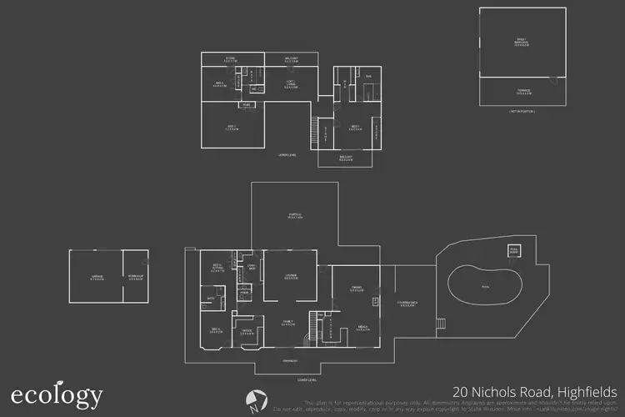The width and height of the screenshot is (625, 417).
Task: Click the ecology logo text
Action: tap(57, 394)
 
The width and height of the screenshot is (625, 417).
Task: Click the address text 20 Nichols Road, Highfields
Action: tap(534, 391)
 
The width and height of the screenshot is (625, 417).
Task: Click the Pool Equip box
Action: tap(514, 250)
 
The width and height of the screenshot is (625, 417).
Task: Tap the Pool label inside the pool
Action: tap(486, 285)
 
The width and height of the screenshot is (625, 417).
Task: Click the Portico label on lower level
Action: tap(293, 215)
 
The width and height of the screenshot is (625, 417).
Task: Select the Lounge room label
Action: tap(291, 278)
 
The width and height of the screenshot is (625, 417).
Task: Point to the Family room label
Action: tap(287, 323)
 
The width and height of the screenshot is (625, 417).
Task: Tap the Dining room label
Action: tap(356, 289)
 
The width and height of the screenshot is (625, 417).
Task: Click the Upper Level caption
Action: tap(288, 154)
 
